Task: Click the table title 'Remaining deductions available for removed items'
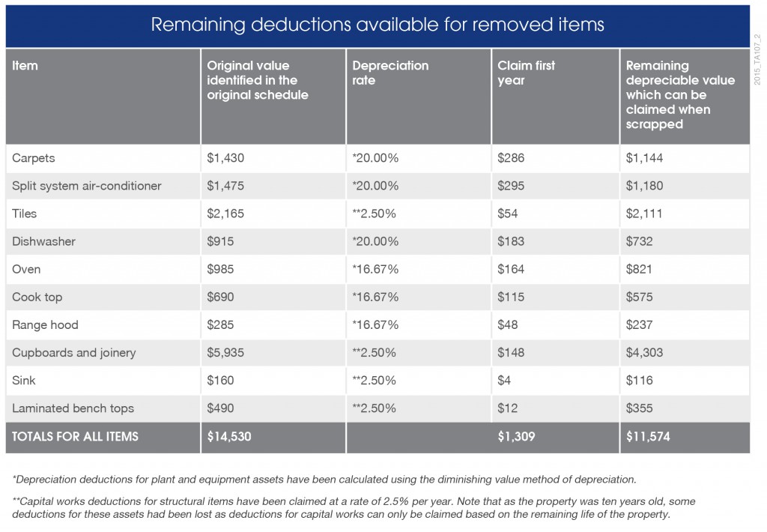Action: pos(378,25)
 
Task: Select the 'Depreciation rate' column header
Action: pos(390,73)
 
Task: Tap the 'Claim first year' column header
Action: pos(526,73)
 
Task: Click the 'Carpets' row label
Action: pos(33,158)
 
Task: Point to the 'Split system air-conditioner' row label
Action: pos(87,186)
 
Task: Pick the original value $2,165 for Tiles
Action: pos(225,214)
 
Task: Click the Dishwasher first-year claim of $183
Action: pos(511,241)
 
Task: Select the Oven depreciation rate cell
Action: pos(375,269)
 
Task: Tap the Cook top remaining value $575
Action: pos(639,297)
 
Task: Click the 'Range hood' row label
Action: pos(45,325)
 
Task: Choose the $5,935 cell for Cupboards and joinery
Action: pos(225,352)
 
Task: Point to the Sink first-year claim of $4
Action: pos(504,381)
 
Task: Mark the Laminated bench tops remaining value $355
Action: pos(639,408)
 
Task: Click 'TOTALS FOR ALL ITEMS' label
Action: pos(75,437)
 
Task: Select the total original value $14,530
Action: pos(229,437)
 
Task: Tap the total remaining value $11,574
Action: pos(648,437)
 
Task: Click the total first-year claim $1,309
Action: pos(516,437)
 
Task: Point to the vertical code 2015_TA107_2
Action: pos(757,60)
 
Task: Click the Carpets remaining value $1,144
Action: pos(644,158)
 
